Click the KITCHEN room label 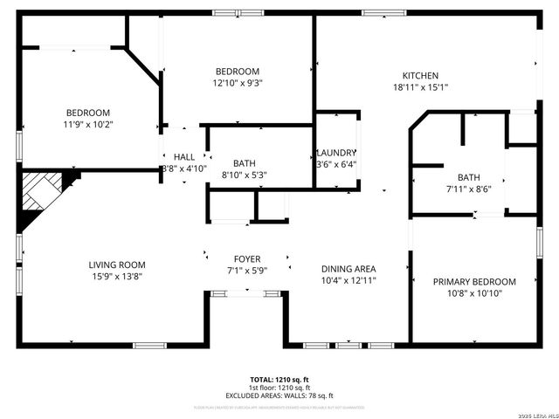[x=420, y=76]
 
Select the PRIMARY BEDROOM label [x=474, y=282]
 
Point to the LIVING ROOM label [x=116, y=264]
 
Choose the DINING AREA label [x=349, y=269]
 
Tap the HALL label [x=184, y=156]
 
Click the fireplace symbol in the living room [x=44, y=194]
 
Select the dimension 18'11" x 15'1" [x=420, y=87]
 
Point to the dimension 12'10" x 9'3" [x=238, y=83]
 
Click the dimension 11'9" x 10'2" [x=88, y=124]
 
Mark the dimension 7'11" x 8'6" [x=456, y=189]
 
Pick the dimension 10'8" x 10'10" [x=474, y=293]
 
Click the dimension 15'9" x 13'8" [x=116, y=276]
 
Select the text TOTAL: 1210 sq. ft [x=280, y=380]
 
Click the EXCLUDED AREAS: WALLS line [x=280, y=395]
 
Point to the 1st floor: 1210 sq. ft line [x=280, y=388]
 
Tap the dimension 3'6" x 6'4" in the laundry [x=336, y=164]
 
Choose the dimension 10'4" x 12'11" [x=349, y=280]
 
